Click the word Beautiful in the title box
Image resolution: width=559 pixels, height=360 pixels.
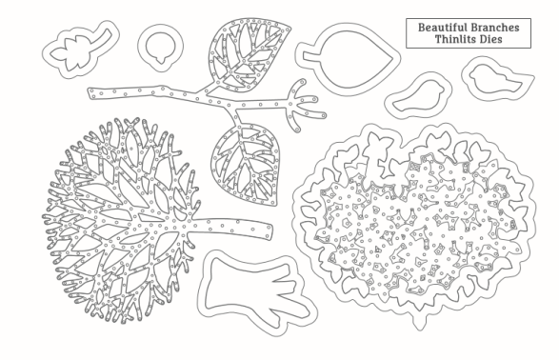[443, 28]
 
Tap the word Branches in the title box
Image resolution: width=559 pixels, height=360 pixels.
[495, 28]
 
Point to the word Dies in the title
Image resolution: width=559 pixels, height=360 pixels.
[490, 39]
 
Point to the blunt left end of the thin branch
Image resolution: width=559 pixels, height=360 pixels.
[91, 93]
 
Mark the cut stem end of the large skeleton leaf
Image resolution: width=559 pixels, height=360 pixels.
[270, 231]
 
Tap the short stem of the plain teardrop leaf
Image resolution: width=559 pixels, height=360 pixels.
[309, 56]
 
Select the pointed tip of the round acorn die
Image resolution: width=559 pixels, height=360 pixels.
[161, 62]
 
